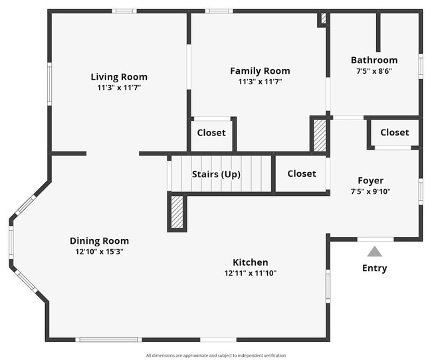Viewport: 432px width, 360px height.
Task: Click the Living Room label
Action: [119, 76]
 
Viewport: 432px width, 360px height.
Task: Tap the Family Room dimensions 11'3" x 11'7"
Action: [260, 82]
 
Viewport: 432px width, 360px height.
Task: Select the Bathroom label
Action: [374, 60]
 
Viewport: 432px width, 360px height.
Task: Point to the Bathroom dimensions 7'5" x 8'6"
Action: [374, 71]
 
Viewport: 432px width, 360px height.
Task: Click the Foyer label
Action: [371, 181]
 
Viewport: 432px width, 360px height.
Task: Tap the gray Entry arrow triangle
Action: [374, 252]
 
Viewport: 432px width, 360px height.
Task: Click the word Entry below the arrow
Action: [374, 268]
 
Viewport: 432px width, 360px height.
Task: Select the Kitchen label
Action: [250, 262]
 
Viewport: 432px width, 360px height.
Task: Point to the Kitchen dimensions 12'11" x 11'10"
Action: [250, 273]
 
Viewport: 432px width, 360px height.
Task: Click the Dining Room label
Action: [99, 240]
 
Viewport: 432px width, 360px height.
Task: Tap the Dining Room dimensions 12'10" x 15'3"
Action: [99, 252]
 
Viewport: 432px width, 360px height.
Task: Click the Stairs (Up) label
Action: [216, 174]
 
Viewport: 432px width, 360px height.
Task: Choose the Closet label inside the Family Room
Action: [211, 133]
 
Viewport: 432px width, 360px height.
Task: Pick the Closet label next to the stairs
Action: [302, 173]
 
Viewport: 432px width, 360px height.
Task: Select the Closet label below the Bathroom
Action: [395, 132]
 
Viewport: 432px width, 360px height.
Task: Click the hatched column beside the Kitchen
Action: [177, 212]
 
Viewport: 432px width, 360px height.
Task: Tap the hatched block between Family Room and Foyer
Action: [320, 135]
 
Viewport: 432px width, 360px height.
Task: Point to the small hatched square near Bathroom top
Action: [324, 18]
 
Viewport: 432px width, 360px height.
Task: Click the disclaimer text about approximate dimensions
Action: [216, 355]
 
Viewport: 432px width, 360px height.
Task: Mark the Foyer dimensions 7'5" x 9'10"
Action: [371, 191]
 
